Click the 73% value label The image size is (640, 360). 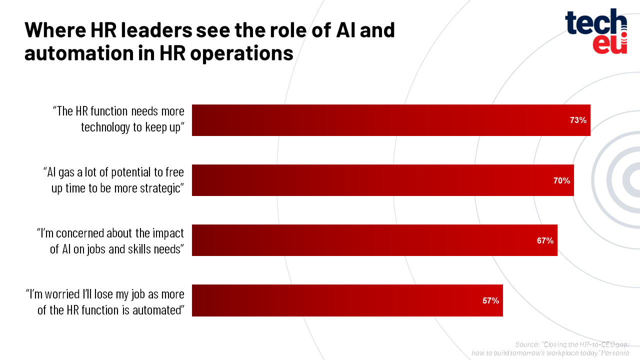coord(578,120)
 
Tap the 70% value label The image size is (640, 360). coord(561,180)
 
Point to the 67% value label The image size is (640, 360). coord(545,240)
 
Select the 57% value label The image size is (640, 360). coord(490,300)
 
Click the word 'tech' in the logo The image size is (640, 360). coord(595,23)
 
